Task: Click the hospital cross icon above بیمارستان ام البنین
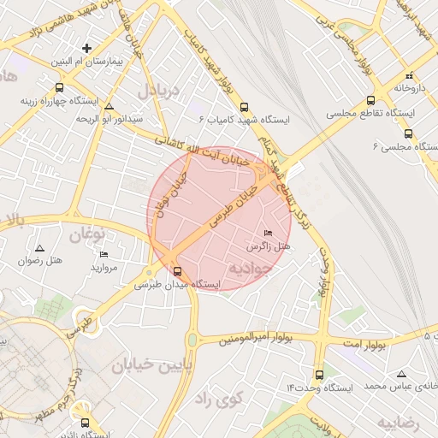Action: pyautogui.click(x=86, y=48)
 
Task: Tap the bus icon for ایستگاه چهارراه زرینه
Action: pyautogui.click(x=59, y=87)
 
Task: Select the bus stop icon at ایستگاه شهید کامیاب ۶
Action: pyautogui.click(x=245, y=108)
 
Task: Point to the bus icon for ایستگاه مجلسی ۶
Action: pyautogui.click(x=408, y=133)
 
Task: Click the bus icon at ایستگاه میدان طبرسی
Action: pyautogui.click(x=177, y=271)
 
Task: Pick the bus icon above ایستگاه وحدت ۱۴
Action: pyautogui.click(x=319, y=375)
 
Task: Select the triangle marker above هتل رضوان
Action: pyautogui.click(x=38, y=246)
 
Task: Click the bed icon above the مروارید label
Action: pyautogui.click(x=104, y=254)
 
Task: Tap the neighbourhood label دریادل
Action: pyautogui.click(x=160, y=91)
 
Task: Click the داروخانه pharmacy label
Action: pyautogui.click(x=411, y=87)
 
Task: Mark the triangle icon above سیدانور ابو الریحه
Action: pyautogui.click(x=109, y=107)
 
